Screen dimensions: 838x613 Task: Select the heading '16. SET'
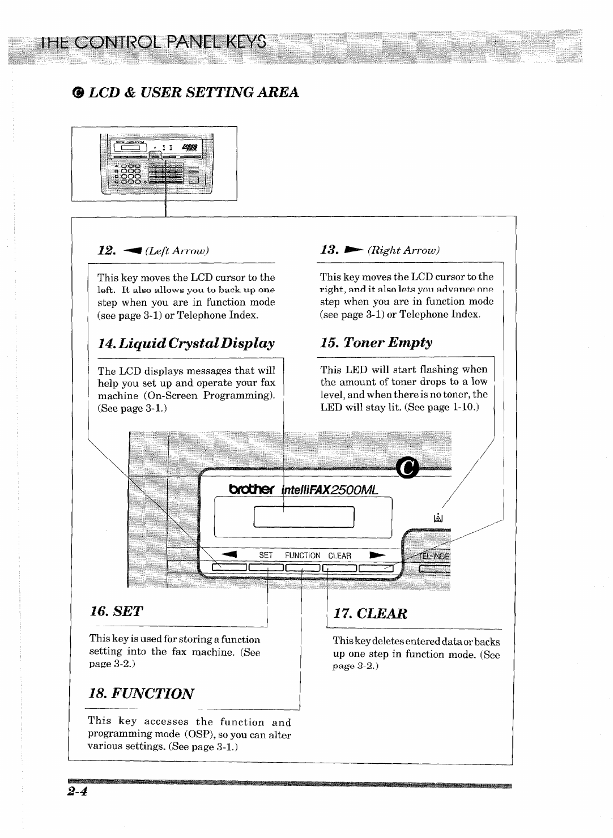click(116, 611)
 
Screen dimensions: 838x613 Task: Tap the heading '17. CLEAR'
click(371, 614)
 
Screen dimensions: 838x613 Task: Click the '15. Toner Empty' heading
click(376, 343)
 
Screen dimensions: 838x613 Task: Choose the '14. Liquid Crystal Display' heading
click(186, 343)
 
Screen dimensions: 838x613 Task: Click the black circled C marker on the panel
click(407, 468)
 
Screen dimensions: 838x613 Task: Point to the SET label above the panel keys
click(266, 556)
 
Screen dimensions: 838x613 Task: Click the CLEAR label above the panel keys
click(340, 556)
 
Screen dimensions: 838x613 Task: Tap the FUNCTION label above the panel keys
click(303, 556)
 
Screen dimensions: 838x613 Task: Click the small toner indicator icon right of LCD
click(437, 518)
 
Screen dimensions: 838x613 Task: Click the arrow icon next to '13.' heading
click(352, 250)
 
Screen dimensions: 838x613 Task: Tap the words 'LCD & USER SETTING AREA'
click(193, 92)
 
